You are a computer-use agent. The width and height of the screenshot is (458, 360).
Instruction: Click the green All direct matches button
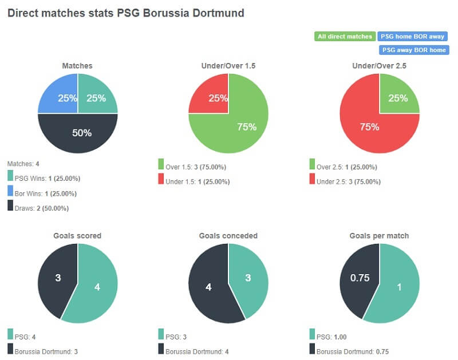pos(344,37)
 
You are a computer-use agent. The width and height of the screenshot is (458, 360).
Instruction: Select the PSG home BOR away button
pos(412,37)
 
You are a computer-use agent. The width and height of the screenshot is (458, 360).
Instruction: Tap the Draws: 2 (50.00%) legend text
pos(42,208)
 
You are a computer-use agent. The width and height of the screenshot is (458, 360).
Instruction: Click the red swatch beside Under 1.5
pos(161,181)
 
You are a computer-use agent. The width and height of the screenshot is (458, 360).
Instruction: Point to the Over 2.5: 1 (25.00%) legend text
pos(347,168)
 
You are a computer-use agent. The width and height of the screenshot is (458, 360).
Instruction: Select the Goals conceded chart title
pos(228,236)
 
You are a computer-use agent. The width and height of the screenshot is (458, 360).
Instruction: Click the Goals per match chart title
pos(379,236)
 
